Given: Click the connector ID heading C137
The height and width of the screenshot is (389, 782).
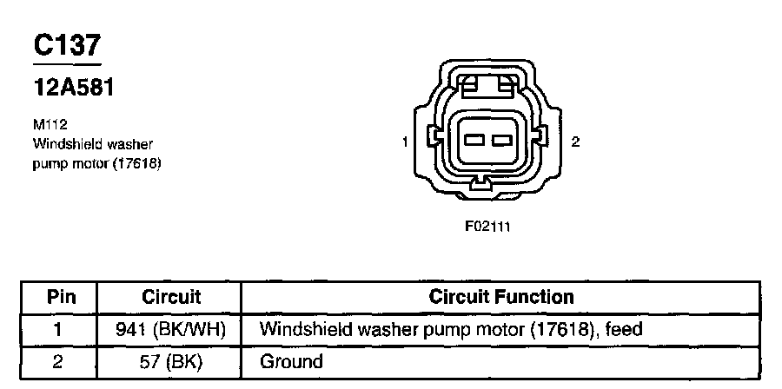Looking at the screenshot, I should click(68, 47).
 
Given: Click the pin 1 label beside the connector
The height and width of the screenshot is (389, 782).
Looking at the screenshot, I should click(406, 142).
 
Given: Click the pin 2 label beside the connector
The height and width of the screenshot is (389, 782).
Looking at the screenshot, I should click(574, 142).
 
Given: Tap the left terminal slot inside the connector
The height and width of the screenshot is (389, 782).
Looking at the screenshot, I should click(474, 140).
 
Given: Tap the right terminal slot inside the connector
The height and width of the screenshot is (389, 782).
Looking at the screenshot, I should click(500, 140).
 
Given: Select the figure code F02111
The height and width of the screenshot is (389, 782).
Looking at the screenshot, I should click(489, 227).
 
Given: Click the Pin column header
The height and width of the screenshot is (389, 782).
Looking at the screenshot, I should click(61, 297).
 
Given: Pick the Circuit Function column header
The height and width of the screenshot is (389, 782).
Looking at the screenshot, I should click(501, 297).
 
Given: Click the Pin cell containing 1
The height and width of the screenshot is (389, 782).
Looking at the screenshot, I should click(59, 330).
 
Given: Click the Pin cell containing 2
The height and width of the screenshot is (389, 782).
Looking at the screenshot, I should click(59, 361).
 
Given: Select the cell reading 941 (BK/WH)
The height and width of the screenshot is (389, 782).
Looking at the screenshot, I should click(170, 330).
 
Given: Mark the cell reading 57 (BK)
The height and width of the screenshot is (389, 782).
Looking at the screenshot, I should click(170, 361).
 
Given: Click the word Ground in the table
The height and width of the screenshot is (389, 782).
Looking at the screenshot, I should click(291, 361).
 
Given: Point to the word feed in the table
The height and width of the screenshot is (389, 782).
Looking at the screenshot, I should click(625, 330).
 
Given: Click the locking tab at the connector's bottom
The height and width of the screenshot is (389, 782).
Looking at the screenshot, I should click(480, 183).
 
